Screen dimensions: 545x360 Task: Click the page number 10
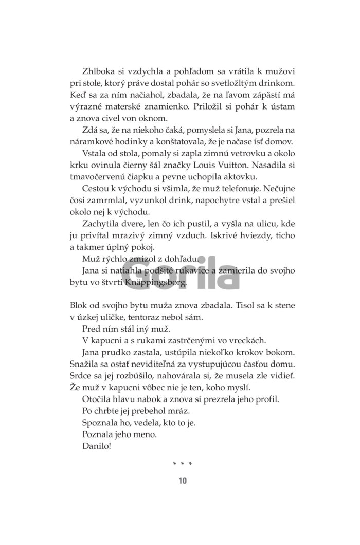pyautogui.click(x=183, y=481)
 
